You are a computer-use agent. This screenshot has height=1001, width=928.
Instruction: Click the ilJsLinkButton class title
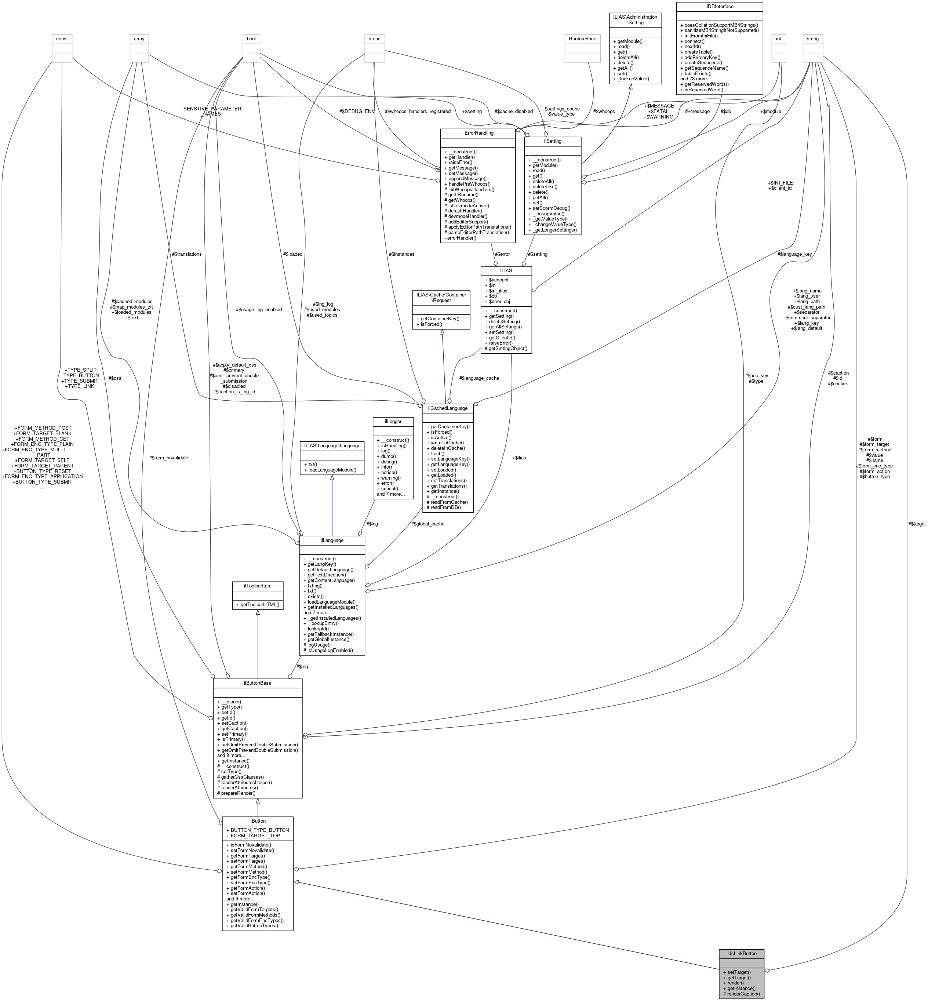[x=741, y=953]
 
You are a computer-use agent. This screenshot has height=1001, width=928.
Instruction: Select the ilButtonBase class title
[x=257, y=683]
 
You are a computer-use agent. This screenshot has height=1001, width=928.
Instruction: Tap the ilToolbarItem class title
[x=257, y=586]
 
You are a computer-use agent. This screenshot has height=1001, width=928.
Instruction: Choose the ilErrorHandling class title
[x=477, y=133]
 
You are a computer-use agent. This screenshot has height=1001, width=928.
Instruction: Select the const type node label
[x=62, y=39]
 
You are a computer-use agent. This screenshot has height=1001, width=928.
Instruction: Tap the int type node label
[x=778, y=39]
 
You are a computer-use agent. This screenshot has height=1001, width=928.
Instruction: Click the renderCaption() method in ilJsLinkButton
[x=743, y=993]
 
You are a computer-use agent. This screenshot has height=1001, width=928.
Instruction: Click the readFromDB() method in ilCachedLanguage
[x=447, y=507]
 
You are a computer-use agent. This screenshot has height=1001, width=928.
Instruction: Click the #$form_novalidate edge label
[x=169, y=458]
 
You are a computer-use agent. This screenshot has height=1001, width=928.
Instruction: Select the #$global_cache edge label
[x=427, y=524]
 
